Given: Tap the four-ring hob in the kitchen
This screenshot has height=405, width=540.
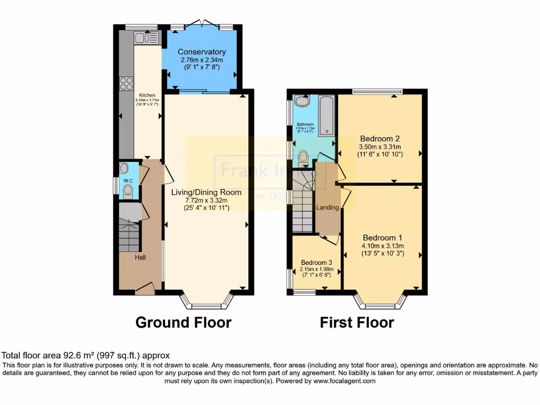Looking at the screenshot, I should pos(126,83).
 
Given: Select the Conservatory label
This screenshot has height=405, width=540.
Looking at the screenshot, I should pos(201,52).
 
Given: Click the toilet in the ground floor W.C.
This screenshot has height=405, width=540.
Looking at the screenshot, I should pos(127,192).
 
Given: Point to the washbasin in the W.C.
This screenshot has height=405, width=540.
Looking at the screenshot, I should pos(124,168).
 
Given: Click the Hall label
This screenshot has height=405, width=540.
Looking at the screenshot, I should pos(140,257).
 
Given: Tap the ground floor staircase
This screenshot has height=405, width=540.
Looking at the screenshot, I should pos(129,237).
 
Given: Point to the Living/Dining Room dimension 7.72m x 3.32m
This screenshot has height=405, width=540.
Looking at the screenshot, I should pos(206,200).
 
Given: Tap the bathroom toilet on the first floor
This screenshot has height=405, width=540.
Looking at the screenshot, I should pos(303,158).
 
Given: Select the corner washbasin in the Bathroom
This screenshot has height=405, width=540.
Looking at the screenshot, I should pos(302,101).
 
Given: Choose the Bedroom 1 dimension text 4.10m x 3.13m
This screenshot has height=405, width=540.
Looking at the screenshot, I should pos(382,246).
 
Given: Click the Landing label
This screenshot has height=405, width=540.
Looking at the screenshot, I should pos(327,207).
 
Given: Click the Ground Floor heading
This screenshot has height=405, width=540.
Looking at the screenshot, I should pos(184,322).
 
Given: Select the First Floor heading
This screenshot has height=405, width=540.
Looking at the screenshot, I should pos(356,322).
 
